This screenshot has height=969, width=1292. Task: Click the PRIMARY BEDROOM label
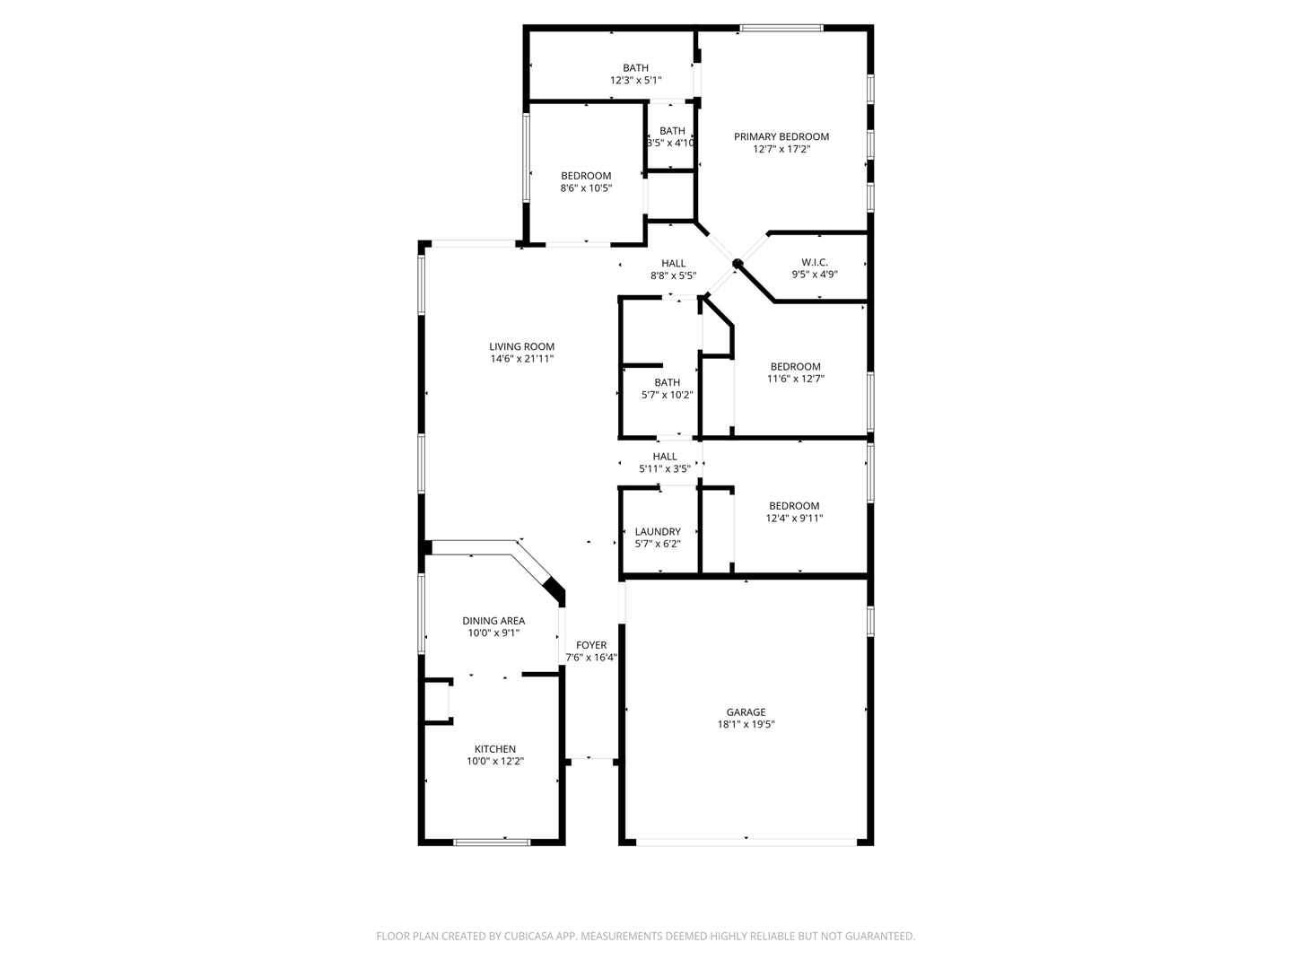point(781,136)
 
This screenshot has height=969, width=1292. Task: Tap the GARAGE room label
point(746,711)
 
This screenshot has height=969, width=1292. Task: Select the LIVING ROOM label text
point(521,346)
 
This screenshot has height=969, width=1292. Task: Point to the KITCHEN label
point(495,749)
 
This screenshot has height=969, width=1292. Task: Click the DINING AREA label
point(493,621)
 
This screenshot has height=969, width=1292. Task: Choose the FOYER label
point(591,645)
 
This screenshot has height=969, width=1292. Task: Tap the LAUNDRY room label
point(658,531)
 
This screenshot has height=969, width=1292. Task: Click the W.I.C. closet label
point(815,262)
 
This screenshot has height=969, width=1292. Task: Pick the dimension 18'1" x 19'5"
point(746,724)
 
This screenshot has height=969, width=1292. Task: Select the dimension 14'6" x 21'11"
point(522,359)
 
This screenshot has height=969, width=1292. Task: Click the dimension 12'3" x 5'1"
point(636,80)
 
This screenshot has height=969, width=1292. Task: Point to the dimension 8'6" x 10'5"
point(586,188)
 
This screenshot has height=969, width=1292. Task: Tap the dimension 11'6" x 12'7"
point(795,379)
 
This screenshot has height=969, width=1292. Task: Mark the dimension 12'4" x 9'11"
point(794,519)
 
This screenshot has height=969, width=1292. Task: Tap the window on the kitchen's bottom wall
point(492,842)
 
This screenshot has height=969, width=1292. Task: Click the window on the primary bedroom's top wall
point(781,28)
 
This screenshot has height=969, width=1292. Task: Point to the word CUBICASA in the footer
point(529,936)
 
